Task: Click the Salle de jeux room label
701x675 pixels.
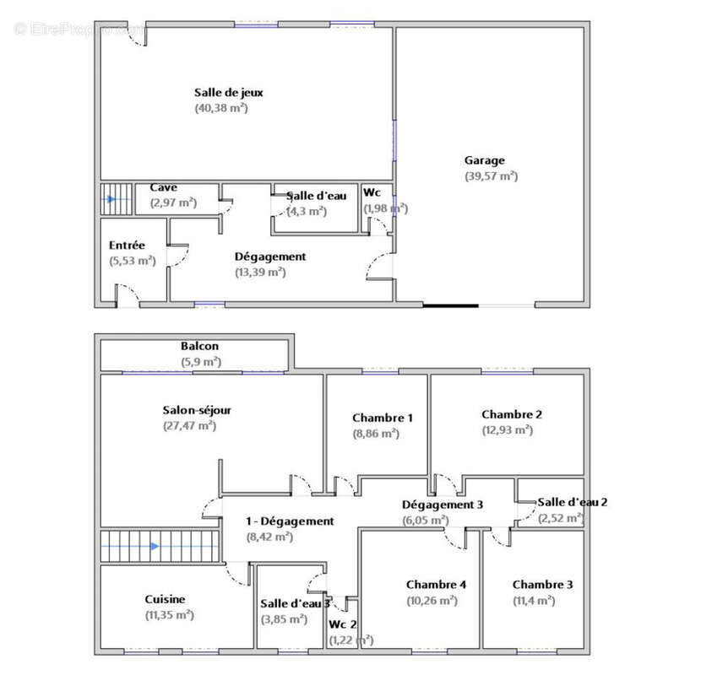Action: pyautogui.click(x=228, y=93)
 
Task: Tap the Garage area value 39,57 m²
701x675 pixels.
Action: pyautogui.click(x=492, y=176)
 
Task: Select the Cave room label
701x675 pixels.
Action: pyautogui.click(x=163, y=187)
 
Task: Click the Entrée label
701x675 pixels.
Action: pyautogui.click(x=127, y=246)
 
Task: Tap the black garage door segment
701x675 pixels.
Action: pyautogui.click(x=451, y=306)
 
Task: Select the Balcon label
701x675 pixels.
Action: pyautogui.click(x=200, y=346)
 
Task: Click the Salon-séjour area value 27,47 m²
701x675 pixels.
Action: pyautogui.click(x=189, y=426)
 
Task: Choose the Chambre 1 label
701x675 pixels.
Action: pyautogui.click(x=383, y=418)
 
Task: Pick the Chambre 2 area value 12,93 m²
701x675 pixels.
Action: pyautogui.click(x=508, y=430)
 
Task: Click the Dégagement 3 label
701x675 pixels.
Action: pyautogui.click(x=443, y=505)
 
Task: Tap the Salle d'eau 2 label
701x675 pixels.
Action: pyautogui.click(x=573, y=502)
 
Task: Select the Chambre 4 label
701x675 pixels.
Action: pyautogui.click(x=436, y=585)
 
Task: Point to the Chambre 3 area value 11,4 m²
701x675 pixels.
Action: pyautogui.click(x=534, y=601)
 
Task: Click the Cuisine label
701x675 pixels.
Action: pyautogui.click(x=165, y=600)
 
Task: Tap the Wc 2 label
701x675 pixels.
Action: pyautogui.click(x=342, y=624)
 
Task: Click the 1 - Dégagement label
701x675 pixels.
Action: pyautogui.click(x=290, y=521)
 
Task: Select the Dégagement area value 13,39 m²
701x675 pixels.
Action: pyautogui.click(x=261, y=273)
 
